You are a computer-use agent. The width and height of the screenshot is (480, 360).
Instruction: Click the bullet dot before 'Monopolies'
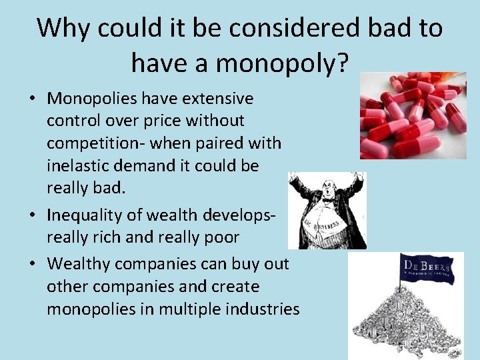[32, 99]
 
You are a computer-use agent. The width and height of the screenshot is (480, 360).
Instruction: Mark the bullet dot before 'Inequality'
[32, 215]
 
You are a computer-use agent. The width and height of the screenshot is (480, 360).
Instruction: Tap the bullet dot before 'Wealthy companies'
[32, 265]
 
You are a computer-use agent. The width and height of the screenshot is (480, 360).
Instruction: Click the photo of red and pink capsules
[413, 115]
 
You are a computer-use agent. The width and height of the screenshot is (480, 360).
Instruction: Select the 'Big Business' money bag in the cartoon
[324, 223]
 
